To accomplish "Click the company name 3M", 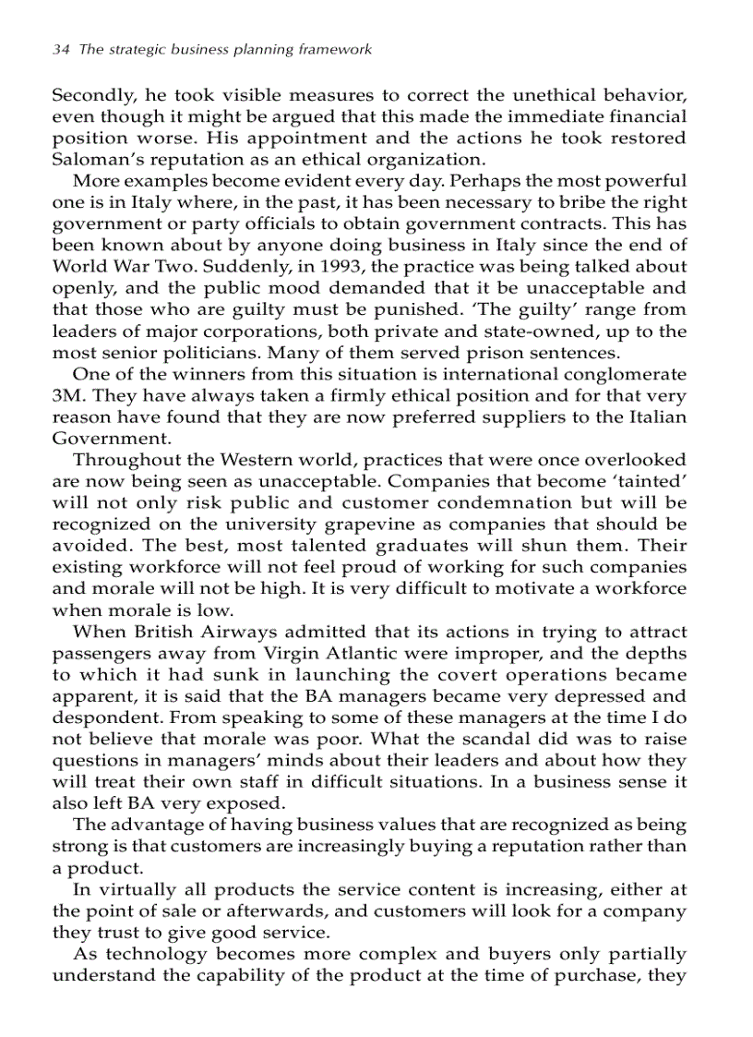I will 65,394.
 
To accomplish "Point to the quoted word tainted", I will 653,480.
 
